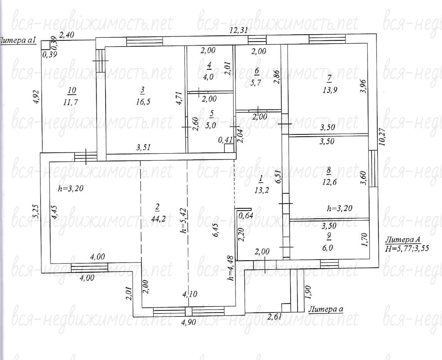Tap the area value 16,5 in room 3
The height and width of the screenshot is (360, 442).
(x=143, y=102)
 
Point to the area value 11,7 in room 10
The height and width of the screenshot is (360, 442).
(x=71, y=102)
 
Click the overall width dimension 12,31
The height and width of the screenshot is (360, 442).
(x=239, y=30)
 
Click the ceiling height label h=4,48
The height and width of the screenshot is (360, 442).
(x=231, y=268)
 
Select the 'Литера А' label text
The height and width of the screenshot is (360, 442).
(x=403, y=240)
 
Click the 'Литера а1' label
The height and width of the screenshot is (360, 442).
(x=18, y=40)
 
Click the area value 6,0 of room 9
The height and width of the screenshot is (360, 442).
(x=328, y=247)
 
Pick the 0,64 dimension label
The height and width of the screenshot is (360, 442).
(x=246, y=216)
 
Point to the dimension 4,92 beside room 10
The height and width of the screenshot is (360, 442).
(x=37, y=97)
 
